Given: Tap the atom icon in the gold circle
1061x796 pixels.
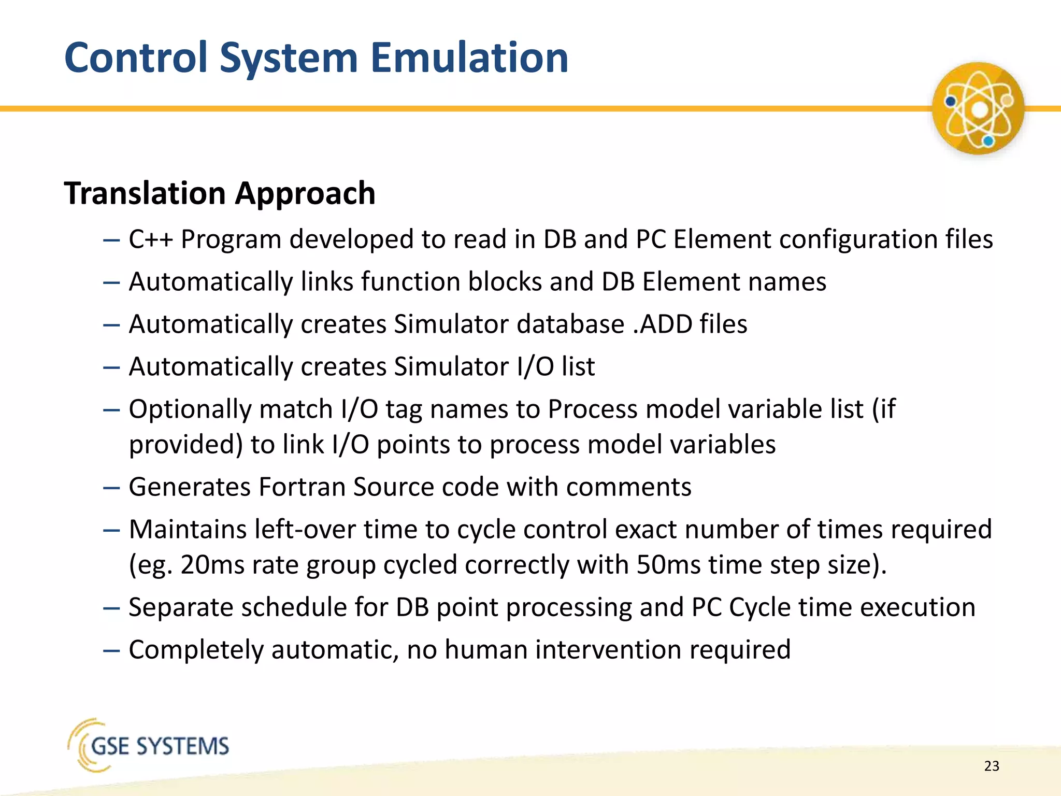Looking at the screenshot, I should coord(978,108).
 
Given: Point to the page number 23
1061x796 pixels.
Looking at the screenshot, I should coord(991,766).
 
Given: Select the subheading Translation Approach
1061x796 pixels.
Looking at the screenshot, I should coord(220,193).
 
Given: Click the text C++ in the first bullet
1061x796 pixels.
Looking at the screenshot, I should coord(150,239).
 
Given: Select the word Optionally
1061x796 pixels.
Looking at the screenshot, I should coord(190,409).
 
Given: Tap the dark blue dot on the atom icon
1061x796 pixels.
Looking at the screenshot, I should coord(950,101).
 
